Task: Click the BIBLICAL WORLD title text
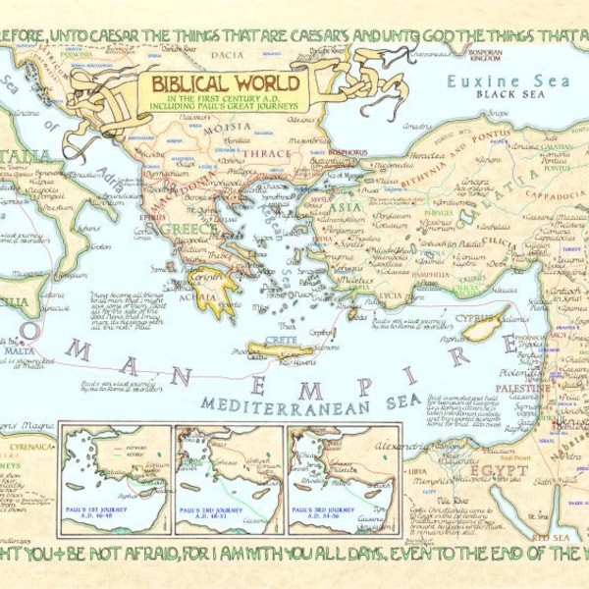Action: [224, 82]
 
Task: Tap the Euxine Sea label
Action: [496, 81]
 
